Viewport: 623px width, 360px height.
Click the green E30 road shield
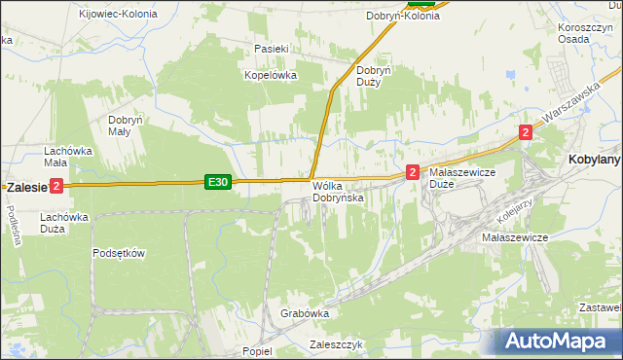pos(218,182)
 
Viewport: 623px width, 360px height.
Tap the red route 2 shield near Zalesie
pos(56,186)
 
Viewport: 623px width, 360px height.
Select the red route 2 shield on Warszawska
pos(526,132)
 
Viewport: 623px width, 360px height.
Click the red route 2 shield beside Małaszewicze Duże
pos(413,172)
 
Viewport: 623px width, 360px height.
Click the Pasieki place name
pos(271,49)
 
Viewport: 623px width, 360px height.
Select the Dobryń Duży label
pos(374,76)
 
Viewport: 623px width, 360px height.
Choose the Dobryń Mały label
pos(126,125)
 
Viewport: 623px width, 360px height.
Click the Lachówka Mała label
pos(67,158)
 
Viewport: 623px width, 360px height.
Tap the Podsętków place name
pos(119,253)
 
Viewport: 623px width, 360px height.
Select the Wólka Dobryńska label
pos(338,192)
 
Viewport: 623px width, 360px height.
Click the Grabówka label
pos(305,314)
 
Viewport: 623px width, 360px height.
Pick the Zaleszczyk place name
pos(336,344)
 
